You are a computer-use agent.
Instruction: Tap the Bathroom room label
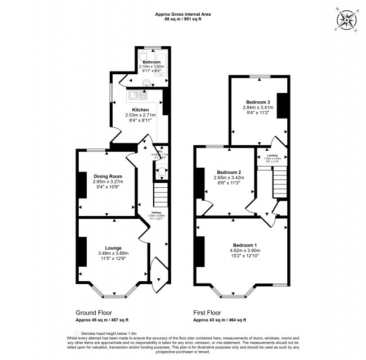[150, 62]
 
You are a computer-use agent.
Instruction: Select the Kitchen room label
[140, 110]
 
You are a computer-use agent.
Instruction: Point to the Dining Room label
[108, 177]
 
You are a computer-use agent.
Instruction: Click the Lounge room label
[113, 247]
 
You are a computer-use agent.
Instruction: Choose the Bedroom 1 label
[245, 245]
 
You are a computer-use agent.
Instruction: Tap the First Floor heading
[207, 313]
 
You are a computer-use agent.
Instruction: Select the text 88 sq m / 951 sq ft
[182, 19]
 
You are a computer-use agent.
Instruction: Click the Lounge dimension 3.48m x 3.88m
[113, 253]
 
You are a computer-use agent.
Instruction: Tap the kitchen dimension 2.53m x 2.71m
[140, 115]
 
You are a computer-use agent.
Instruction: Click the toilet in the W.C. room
[162, 172]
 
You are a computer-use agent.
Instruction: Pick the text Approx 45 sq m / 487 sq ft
[102, 320]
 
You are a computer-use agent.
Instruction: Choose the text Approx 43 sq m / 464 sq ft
[220, 320]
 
